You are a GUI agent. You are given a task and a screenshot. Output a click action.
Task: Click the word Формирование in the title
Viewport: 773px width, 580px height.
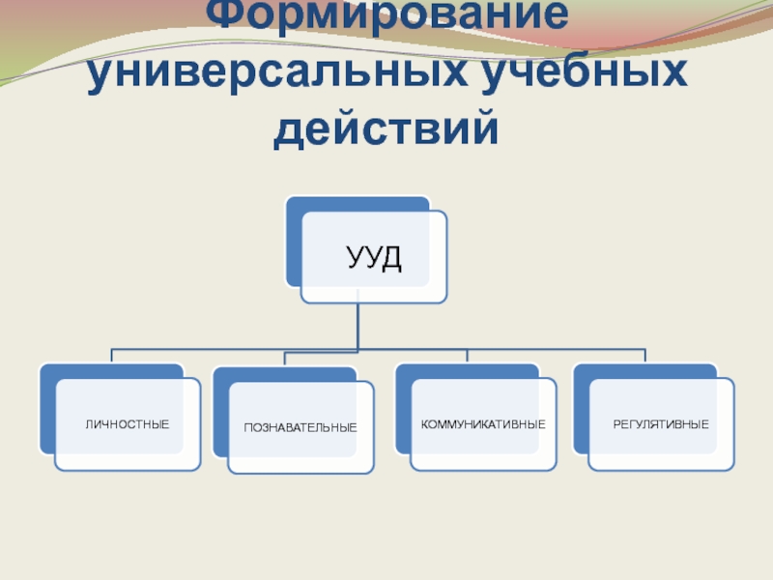[x=387, y=17]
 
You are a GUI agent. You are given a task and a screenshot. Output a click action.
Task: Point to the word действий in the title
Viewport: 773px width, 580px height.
[x=386, y=130]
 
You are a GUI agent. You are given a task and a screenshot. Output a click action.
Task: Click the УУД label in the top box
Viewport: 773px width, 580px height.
[x=374, y=258]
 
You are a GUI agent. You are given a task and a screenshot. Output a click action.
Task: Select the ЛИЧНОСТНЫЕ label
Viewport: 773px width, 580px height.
[x=128, y=424]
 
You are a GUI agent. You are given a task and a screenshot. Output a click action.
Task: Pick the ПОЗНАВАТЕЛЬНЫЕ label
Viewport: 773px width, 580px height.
[x=301, y=427]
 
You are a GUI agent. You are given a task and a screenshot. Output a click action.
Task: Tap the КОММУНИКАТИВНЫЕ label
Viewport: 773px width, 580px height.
[x=483, y=424]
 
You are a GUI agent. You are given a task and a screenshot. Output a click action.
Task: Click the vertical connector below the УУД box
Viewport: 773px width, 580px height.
[x=358, y=327]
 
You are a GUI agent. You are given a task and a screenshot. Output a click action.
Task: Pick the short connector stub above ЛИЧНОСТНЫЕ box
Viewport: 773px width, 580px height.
[x=111, y=356]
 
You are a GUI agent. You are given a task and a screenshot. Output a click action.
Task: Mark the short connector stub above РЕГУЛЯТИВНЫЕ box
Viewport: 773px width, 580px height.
[x=645, y=356]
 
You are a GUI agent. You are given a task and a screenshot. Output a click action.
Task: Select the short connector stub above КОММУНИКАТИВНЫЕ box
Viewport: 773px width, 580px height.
[x=468, y=356]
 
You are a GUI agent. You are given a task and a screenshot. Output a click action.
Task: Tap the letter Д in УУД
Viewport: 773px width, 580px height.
[x=389, y=259]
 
